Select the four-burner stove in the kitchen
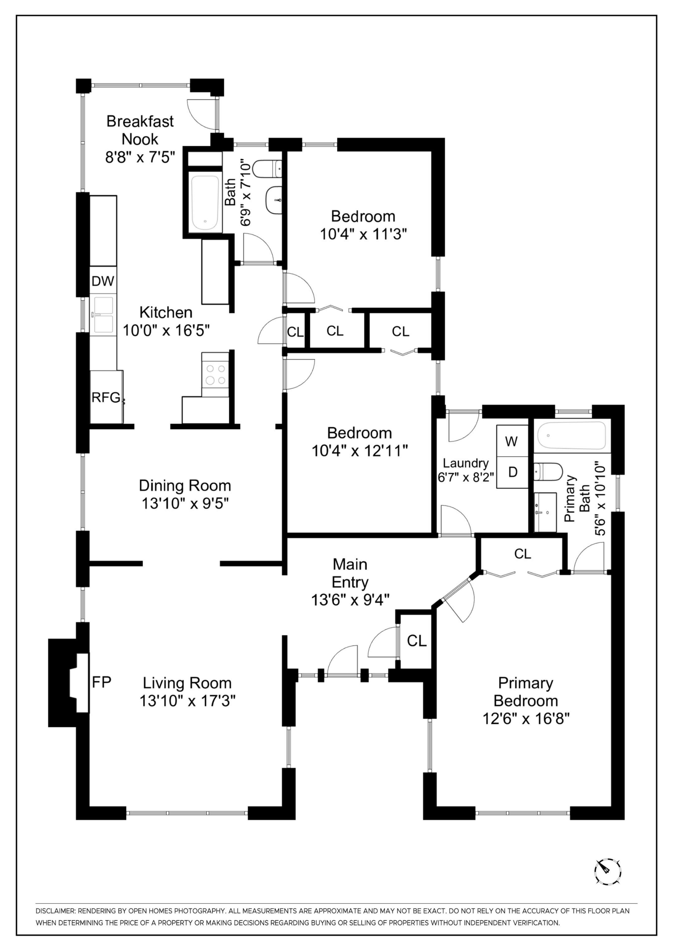[x=215, y=374]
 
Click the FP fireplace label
[x=101, y=682]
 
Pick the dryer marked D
[x=513, y=472]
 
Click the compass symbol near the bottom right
[x=608, y=878]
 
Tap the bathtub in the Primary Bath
[x=571, y=435]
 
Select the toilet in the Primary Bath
[x=547, y=472]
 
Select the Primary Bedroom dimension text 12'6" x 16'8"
[x=526, y=718]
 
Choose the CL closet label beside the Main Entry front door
[x=417, y=641]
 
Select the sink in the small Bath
[x=274, y=200]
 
